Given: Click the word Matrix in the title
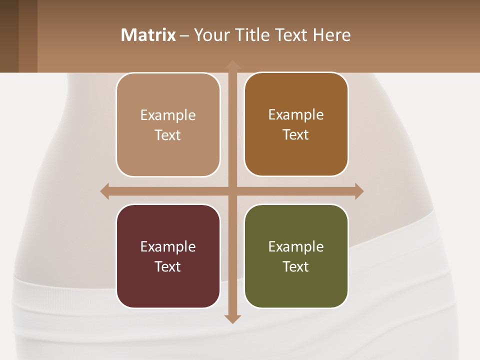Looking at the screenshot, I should (x=148, y=35).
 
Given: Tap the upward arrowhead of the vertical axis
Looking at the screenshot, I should (x=232, y=64).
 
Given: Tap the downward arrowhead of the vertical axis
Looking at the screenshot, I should (x=232, y=318).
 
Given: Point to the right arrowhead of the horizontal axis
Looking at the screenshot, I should (x=359, y=191).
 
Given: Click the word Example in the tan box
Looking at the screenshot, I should (x=168, y=115).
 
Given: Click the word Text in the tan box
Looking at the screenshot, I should (x=168, y=135).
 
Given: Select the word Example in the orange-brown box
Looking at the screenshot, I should (x=296, y=115).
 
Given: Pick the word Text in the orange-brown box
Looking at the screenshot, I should (x=296, y=135).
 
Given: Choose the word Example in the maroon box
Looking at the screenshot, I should (x=168, y=246).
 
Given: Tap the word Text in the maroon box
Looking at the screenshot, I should (x=168, y=266).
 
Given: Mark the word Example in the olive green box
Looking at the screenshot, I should (x=296, y=246).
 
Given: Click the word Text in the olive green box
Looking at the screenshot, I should (x=296, y=266).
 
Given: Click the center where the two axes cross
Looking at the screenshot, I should (x=232, y=191).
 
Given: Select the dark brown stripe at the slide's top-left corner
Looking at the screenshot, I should (x=9, y=36).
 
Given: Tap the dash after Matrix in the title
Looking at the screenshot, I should (x=184, y=35).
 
